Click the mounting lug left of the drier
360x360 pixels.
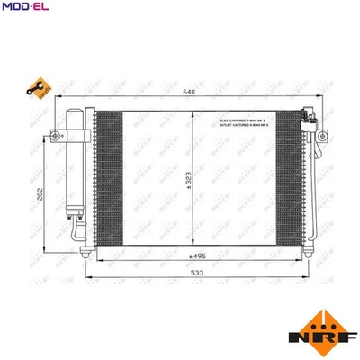(x=57, y=136)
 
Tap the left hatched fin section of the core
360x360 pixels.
(x=108, y=180)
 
